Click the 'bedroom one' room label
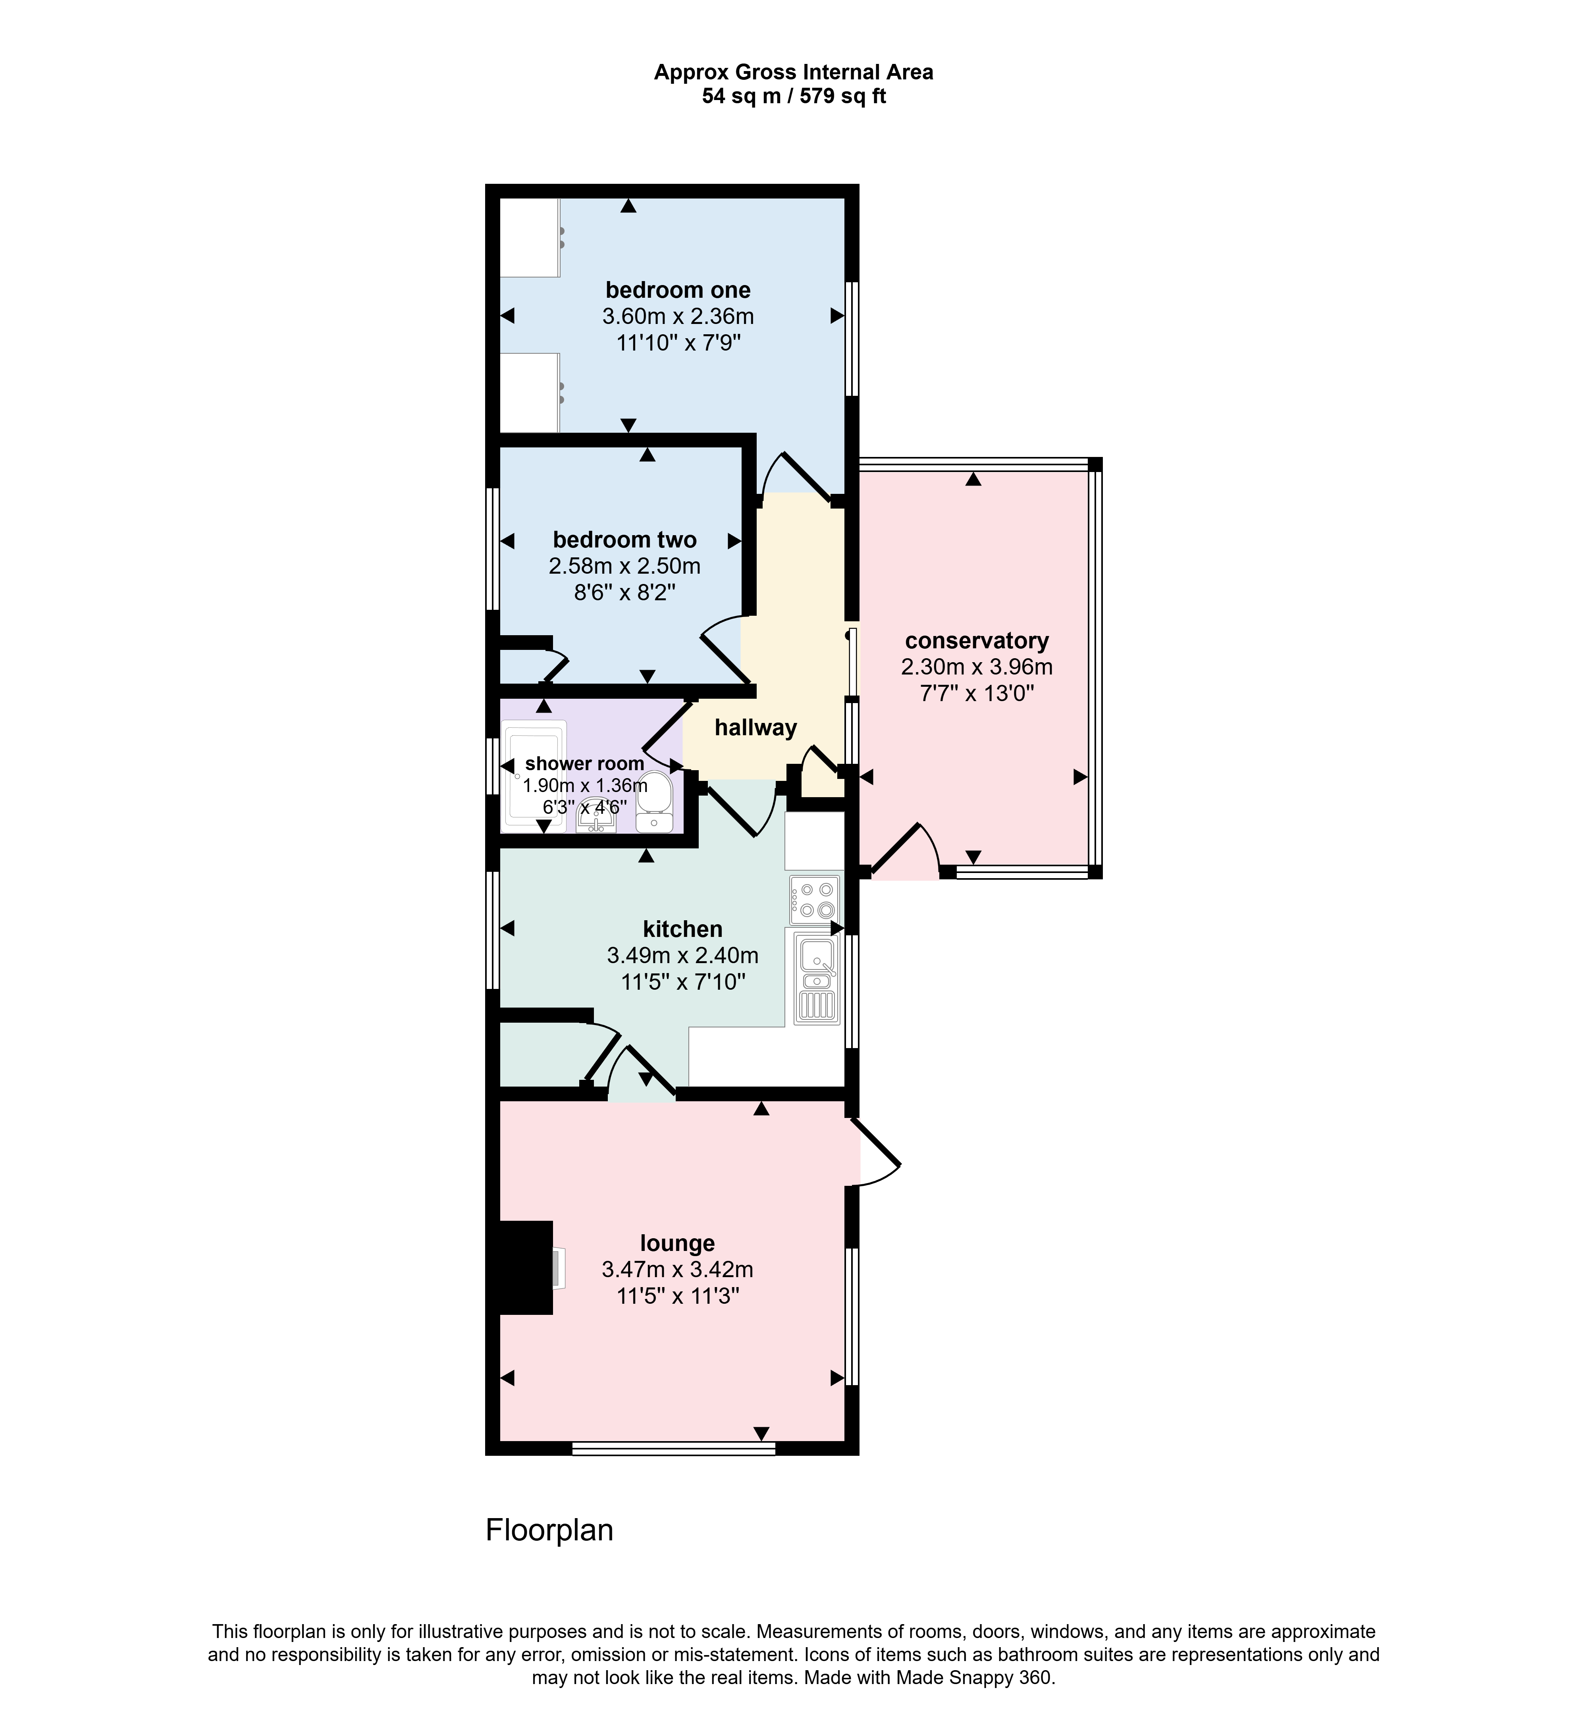tap(678, 290)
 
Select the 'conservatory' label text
tap(977, 641)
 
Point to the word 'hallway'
tap(756, 728)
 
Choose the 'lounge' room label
tap(678, 1243)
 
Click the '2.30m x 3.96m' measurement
tap(977, 667)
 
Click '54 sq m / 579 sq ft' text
tap(794, 96)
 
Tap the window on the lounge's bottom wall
tap(674, 1448)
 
